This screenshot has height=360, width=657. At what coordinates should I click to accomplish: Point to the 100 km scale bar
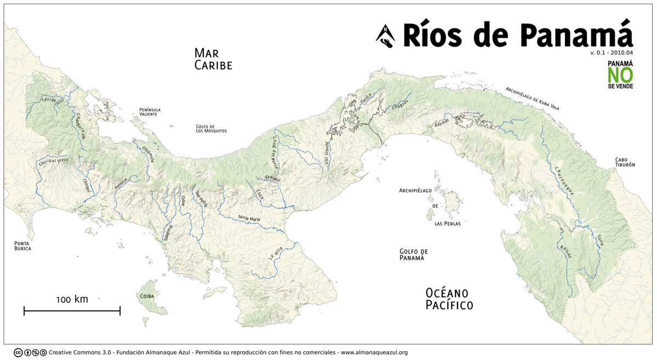tap(72, 311)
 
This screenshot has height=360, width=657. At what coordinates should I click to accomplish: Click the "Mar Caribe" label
tap(213, 59)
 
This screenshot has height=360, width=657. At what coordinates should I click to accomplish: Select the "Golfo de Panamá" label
tap(413, 255)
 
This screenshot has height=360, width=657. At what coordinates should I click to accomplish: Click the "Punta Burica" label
tap(22, 245)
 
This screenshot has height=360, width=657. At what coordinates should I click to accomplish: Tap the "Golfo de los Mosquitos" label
tap(211, 129)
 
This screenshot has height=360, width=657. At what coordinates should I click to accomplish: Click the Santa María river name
tap(249, 219)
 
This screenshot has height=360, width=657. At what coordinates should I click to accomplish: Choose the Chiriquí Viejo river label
tap(53, 162)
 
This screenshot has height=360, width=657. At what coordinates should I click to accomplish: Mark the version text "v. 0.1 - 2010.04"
tap(612, 53)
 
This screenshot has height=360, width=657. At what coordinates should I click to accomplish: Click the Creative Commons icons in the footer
tap(30, 352)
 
